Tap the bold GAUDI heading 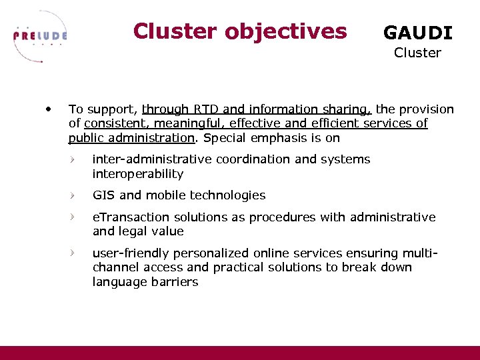(417, 33)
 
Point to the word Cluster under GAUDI (417, 53)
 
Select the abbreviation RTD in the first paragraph (207, 109)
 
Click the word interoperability (137, 174)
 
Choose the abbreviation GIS (104, 195)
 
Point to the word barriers (175, 282)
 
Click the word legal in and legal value (133, 231)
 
